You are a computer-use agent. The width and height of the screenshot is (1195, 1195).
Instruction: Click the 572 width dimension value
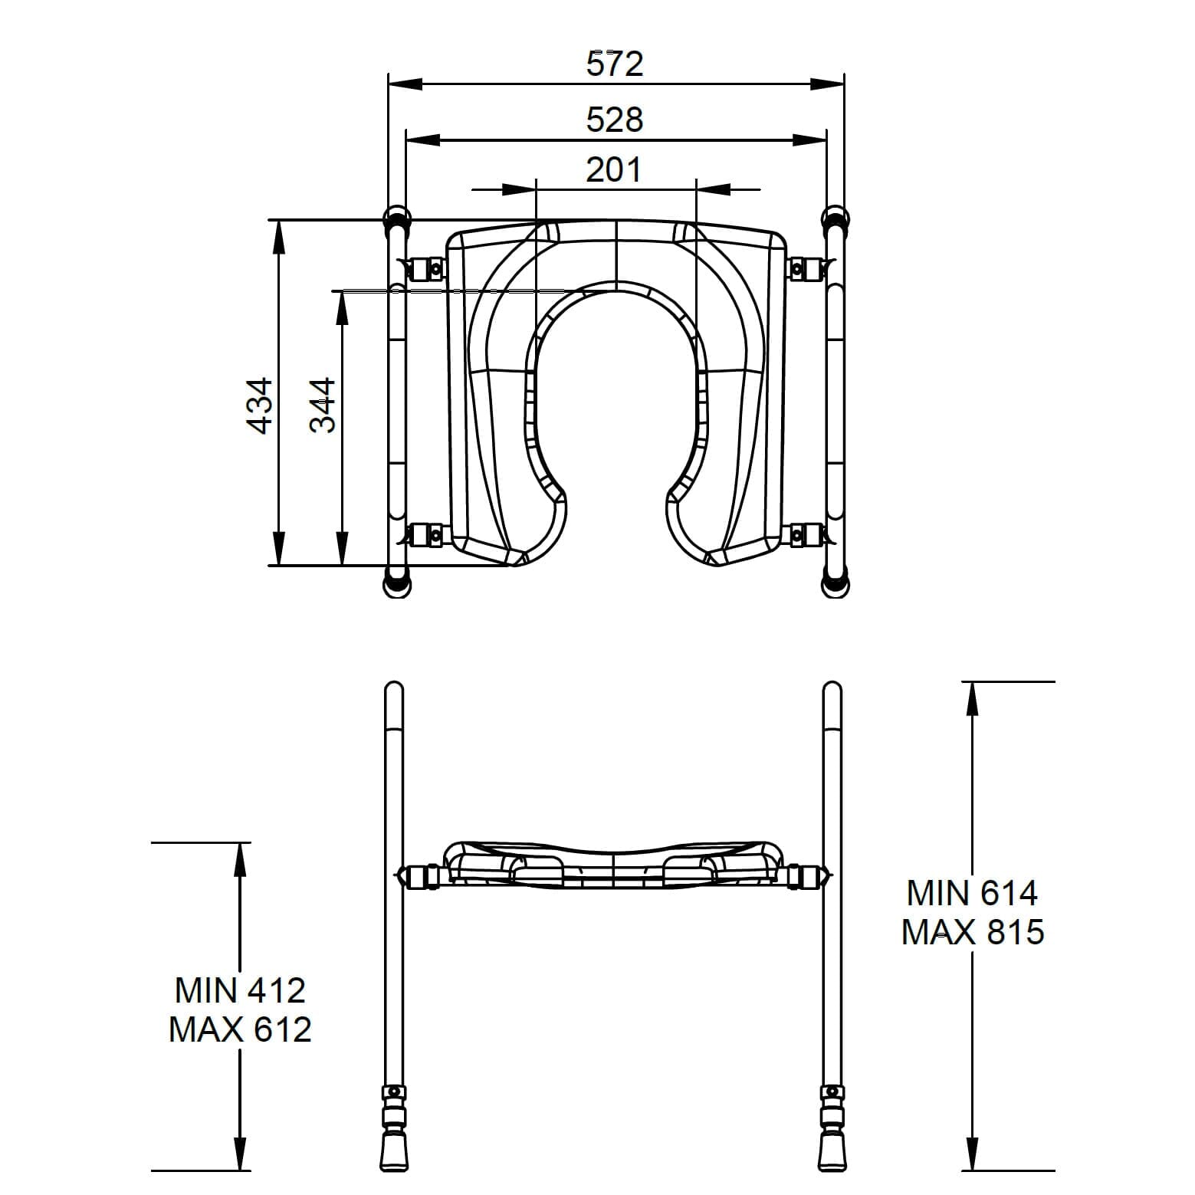615,64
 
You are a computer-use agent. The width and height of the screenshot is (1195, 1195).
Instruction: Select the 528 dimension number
615,120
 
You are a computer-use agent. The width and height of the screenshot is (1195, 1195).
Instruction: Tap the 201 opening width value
614,169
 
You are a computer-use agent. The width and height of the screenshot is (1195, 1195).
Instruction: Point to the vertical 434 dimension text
260,405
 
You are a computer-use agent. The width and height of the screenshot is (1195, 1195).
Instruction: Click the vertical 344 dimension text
323,405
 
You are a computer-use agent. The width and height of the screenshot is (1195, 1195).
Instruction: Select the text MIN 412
240,990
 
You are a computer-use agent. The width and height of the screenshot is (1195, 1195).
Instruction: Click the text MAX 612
240,1029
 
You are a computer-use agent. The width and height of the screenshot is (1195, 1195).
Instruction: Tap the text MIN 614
972,893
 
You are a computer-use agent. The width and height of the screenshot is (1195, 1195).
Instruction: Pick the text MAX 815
972,933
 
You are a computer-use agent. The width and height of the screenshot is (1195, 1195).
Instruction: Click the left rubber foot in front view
392,1150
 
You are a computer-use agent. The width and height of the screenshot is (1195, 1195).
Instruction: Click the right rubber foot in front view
832,1150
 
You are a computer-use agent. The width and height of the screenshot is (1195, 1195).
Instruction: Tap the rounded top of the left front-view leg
392,689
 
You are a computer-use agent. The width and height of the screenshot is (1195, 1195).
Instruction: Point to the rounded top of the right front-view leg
832,689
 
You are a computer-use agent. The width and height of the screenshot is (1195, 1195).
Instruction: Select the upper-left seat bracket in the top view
426,269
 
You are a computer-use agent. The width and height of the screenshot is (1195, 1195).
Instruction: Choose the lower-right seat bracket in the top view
804,534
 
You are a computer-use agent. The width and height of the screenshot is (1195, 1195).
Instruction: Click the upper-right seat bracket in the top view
804,269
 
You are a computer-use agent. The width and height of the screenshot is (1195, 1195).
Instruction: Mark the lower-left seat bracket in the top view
426,534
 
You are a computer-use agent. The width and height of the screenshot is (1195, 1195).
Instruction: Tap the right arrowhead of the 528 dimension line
811,140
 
